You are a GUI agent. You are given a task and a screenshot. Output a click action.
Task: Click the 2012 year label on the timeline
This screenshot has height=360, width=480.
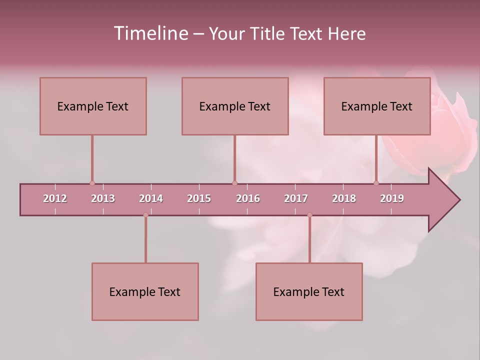click(55, 198)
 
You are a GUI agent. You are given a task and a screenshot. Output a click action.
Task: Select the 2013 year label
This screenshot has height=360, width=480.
click(103, 198)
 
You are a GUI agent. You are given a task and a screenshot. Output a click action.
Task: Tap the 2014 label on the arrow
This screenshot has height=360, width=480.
click(151, 198)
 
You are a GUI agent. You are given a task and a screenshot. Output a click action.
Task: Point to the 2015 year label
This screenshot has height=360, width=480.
click(199, 198)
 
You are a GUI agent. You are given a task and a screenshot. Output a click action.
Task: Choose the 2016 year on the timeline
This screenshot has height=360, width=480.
click(248, 198)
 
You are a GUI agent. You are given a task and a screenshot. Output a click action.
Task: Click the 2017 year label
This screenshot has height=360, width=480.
click(296, 198)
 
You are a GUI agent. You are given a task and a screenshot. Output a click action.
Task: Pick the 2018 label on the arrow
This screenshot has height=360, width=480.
click(344, 198)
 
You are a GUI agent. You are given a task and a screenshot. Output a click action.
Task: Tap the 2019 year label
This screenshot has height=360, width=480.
click(392, 198)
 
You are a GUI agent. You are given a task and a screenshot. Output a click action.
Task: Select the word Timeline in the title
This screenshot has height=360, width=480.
click(150, 33)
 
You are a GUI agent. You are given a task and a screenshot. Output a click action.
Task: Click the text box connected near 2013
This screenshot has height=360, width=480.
click(93, 106)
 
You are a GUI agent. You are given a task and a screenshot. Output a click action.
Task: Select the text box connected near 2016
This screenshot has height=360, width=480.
click(235, 106)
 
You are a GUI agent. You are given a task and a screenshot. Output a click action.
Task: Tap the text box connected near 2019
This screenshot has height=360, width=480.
click(377, 106)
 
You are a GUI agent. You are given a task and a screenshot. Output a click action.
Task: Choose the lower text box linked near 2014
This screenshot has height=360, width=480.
click(145, 291)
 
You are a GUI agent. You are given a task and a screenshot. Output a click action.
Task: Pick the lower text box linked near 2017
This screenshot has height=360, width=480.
click(309, 291)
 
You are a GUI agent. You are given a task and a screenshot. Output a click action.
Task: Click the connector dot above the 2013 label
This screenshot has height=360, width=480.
click(92, 183)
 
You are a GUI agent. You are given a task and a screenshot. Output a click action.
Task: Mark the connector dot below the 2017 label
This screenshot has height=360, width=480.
click(309, 215)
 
